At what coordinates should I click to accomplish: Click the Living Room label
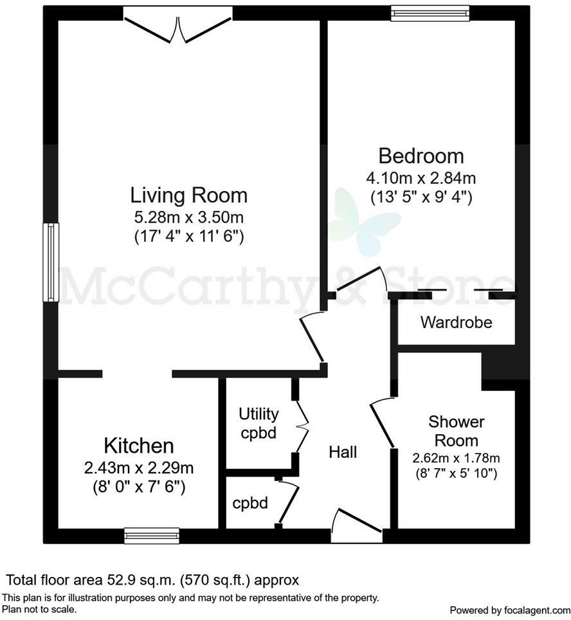pyautogui.click(x=189, y=194)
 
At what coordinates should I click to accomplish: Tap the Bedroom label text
pyautogui.click(x=421, y=156)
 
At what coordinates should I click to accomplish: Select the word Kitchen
pyautogui.click(x=139, y=445)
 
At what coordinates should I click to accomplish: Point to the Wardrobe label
pyautogui.click(x=456, y=322)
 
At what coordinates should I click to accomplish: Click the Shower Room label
pyautogui.click(x=456, y=431)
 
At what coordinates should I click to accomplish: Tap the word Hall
pyautogui.click(x=343, y=452)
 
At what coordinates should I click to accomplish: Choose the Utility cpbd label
pyautogui.click(x=258, y=423)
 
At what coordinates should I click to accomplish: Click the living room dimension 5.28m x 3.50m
pyautogui.click(x=189, y=217)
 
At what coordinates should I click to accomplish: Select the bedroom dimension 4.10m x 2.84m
pyautogui.click(x=421, y=178)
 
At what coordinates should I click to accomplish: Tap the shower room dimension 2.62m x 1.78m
pyautogui.click(x=456, y=458)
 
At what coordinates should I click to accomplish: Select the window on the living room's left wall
pyautogui.click(x=51, y=262)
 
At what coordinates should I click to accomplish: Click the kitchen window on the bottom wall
pyautogui.click(x=152, y=535)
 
